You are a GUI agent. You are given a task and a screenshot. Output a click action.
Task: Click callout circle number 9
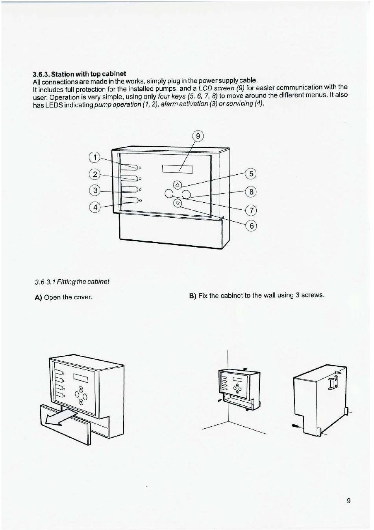pyautogui.click(x=198, y=136)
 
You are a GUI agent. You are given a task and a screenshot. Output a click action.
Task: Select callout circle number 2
pyautogui.click(x=95, y=174)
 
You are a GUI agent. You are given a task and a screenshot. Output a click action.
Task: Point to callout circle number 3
pyautogui.click(x=95, y=190)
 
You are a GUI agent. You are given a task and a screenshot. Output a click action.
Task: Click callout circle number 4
pyautogui.click(x=95, y=207)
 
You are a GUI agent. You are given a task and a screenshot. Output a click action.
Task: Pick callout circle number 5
pyautogui.click(x=251, y=174)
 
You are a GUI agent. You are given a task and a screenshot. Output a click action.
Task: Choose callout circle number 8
pyautogui.click(x=251, y=192)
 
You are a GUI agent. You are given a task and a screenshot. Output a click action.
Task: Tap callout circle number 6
pyautogui.click(x=251, y=226)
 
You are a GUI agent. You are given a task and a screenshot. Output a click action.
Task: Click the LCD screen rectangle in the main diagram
pyautogui.click(x=177, y=169)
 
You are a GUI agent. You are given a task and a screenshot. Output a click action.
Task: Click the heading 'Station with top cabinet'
pyautogui.click(x=80, y=74)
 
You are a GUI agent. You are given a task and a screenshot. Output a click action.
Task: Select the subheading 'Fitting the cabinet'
pyautogui.click(x=72, y=282)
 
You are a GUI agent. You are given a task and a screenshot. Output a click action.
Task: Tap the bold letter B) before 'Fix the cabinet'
pyautogui.click(x=193, y=295)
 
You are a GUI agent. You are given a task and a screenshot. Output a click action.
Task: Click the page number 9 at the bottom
pyautogui.click(x=349, y=501)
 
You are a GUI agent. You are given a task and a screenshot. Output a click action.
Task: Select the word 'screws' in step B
pyautogui.click(x=313, y=295)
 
